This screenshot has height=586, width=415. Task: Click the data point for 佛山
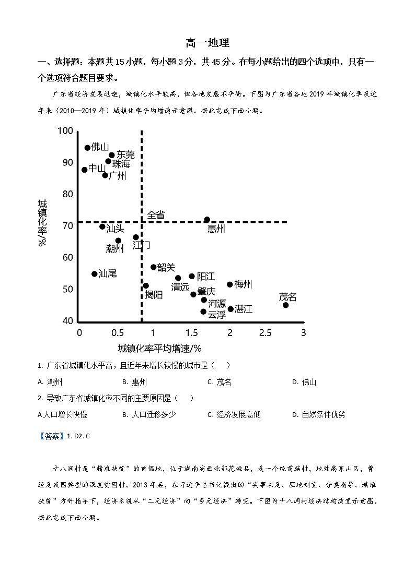click(87, 148)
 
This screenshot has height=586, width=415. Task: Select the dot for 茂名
click(285, 305)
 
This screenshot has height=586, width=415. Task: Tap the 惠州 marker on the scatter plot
click(207, 220)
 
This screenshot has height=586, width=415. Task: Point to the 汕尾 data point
click(95, 274)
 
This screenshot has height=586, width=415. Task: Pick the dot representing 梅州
click(230, 284)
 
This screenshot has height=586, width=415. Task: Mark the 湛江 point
click(230, 309)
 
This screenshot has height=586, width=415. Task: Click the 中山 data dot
click(85, 170)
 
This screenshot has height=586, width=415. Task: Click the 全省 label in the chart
click(156, 214)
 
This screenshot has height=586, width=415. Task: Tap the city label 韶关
click(166, 267)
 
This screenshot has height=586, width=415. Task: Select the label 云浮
click(217, 315)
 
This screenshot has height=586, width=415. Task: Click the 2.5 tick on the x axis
click(266, 332)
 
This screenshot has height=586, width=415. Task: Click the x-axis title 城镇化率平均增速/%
click(159, 348)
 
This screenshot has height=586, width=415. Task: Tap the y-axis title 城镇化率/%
click(42, 222)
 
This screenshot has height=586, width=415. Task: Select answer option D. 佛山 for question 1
click(304, 382)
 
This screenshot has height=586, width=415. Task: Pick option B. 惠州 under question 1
click(135, 382)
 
